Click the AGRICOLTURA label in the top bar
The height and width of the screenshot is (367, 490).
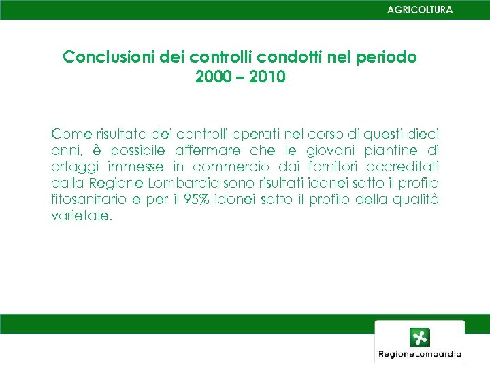(x=419, y=10)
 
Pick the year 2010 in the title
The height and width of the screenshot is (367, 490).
(x=267, y=77)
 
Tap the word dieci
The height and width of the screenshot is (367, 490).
(x=422, y=133)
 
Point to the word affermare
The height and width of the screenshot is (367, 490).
(x=208, y=150)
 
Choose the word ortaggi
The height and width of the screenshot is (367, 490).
(x=74, y=167)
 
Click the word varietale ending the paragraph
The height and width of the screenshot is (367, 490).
(x=80, y=216)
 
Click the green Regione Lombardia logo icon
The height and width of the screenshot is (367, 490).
(x=419, y=338)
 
